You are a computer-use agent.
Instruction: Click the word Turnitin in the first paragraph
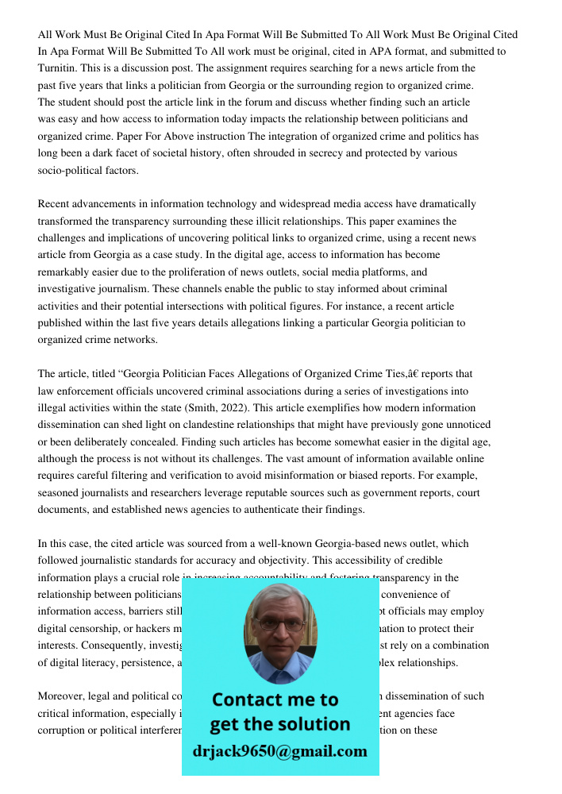[56, 68]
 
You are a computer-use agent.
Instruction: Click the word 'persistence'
[133, 661]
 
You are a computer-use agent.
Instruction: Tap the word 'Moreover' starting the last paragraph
[60, 696]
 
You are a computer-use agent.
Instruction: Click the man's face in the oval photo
[280, 627]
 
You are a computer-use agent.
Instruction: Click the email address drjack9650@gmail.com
[280, 750]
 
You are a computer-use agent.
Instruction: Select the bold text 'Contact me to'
[275, 700]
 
